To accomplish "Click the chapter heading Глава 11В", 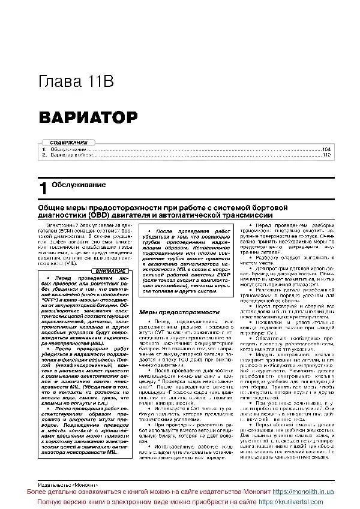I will (x=76, y=82).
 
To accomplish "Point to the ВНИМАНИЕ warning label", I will (x=110, y=271).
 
